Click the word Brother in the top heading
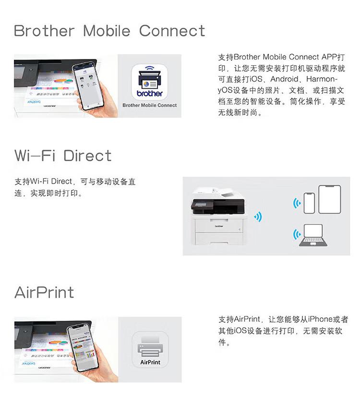[x=44, y=31]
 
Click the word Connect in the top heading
[x=172, y=31]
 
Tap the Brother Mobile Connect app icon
[x=149, y=82]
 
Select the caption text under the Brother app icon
[x=149, y=105]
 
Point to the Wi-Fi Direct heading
[x=63, y=155]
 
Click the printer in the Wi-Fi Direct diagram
[x=218, y=216]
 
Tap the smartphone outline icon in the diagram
[x=309, y=202]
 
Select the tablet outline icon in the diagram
[x=329, y=199]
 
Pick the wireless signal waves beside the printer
[x=258, y=217]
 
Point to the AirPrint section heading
[x=44, y=292]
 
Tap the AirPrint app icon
[x=150, y=350]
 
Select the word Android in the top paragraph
[x=287, y=79]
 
